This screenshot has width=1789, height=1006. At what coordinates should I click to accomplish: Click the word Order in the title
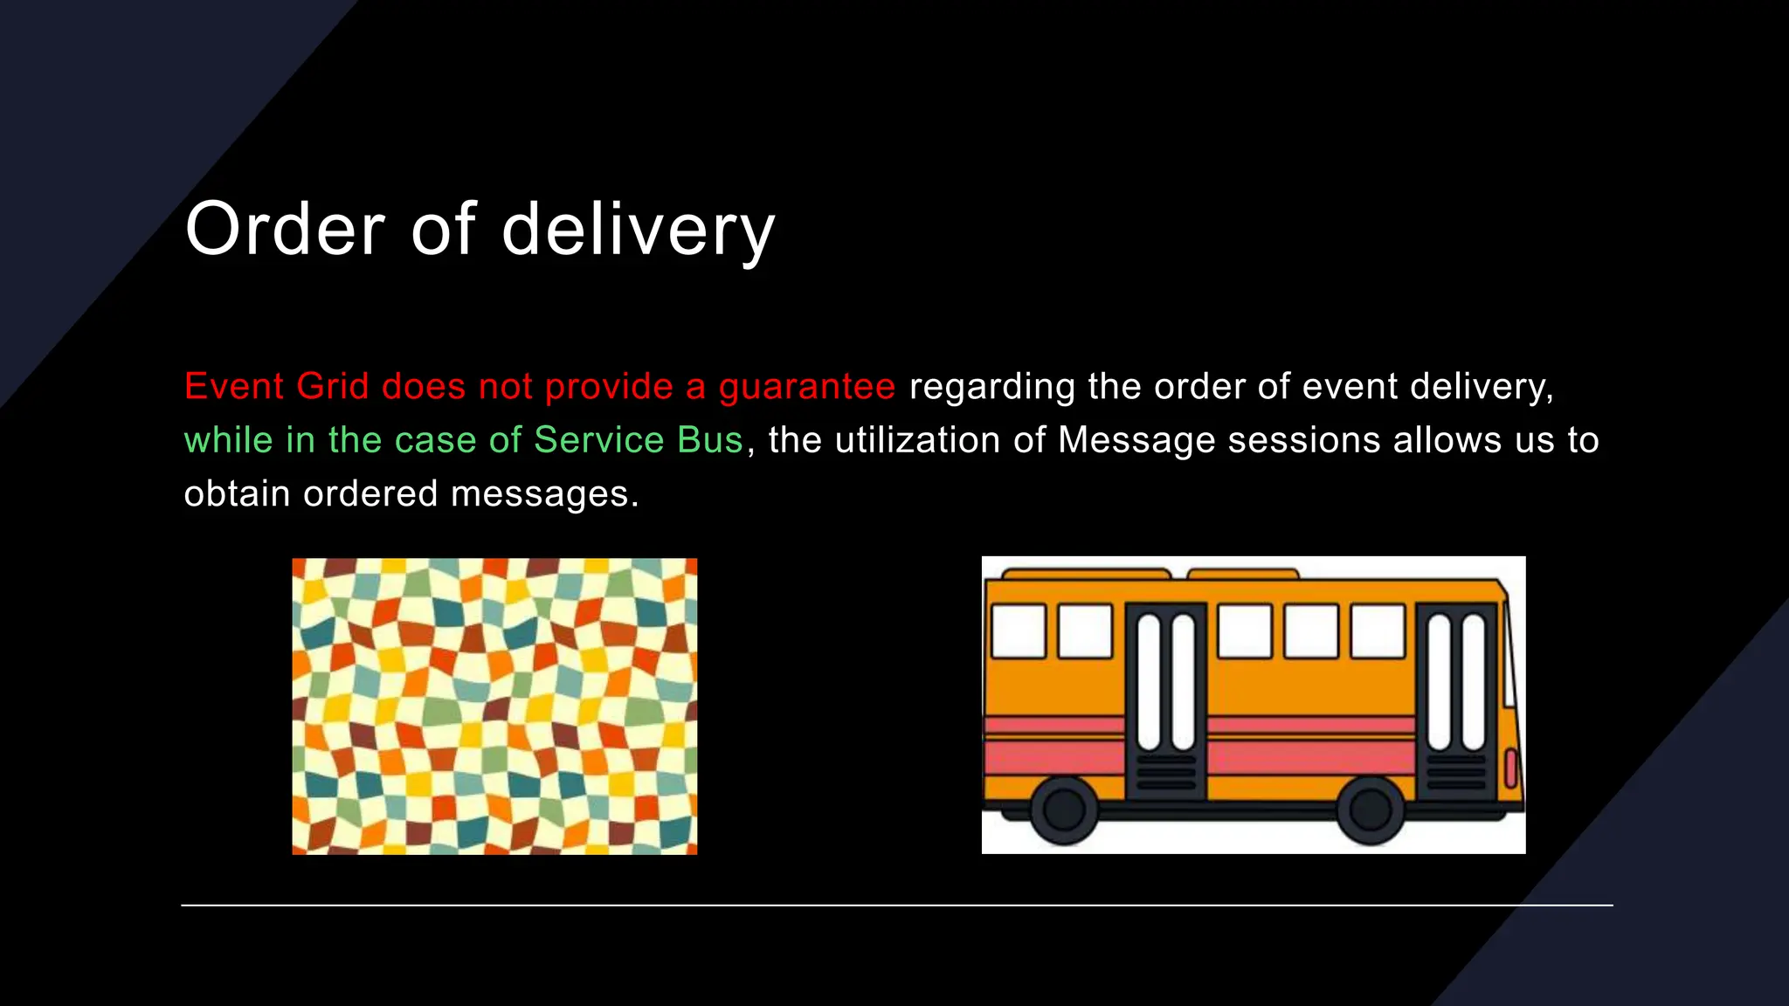[285, 229]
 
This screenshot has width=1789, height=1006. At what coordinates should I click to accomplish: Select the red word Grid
[333, 386]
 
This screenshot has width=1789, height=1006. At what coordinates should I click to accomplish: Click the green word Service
[599, 440]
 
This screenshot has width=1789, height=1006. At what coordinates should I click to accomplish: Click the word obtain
[237, 494]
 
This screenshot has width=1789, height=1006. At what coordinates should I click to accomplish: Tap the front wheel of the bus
[1370, 810]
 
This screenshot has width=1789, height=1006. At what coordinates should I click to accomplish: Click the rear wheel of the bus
[1064, 810]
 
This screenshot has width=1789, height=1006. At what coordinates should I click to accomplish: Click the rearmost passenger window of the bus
[1019, 630]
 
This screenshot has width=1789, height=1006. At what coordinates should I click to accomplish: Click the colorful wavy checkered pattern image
[494, 706]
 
